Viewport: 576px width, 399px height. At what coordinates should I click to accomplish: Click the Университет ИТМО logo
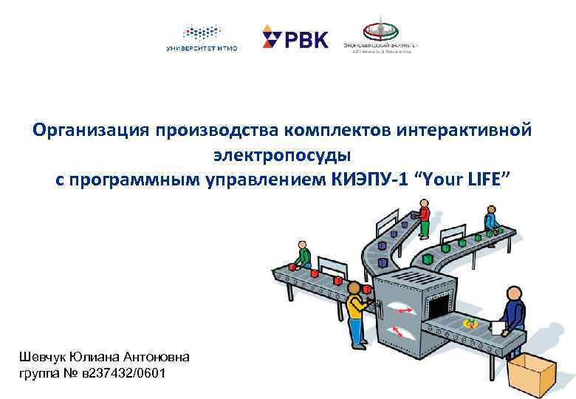pos(202,38)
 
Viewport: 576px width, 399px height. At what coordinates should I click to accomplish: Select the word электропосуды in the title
pos(283,155)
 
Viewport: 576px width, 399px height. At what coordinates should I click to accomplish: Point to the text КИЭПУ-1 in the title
pos(369,180)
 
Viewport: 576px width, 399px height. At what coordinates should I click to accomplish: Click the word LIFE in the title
pos(484,180)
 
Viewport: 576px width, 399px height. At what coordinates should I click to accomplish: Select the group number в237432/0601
pos(120,373)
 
